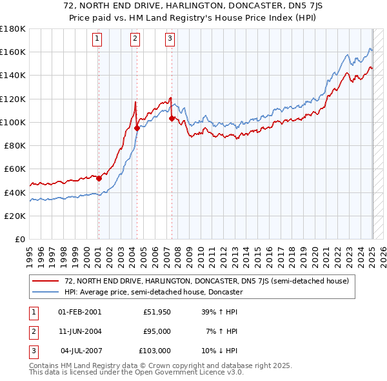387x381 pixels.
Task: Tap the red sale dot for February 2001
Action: pyautogui.click(x=99, y=178)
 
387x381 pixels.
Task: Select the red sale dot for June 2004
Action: pyautogui.click(x=137, y=128)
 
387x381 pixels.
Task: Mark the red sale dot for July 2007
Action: pyautogui.click(x=172, y=118)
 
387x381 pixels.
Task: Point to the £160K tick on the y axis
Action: pyautogui.click(x=13, y=52)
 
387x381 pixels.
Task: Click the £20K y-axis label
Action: pyautogui.click(x=15, y=216)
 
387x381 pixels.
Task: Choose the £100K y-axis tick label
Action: pyautogui.click(x=13, y=122)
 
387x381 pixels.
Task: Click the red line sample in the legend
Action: pyautogui.click(x=46, y=282)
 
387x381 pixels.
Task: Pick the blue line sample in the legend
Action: pyautogui.click(x=46, y=292)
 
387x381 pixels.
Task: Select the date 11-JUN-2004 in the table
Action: pyautogui.click(x=79, y=331)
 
